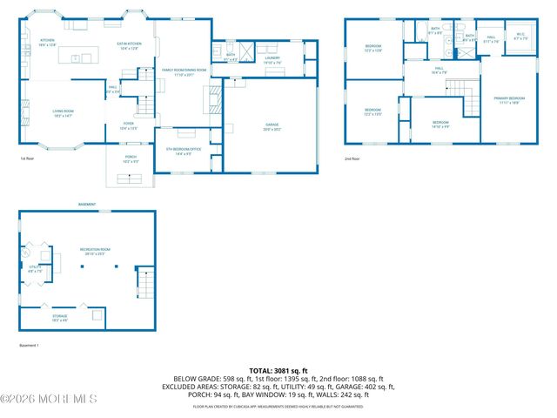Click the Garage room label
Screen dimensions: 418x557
272,126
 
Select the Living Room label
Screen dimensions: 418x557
64,112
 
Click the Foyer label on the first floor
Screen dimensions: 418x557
128,126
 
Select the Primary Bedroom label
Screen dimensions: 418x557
508,100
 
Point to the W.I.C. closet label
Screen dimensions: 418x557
521,37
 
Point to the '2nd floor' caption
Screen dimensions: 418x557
352,158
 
